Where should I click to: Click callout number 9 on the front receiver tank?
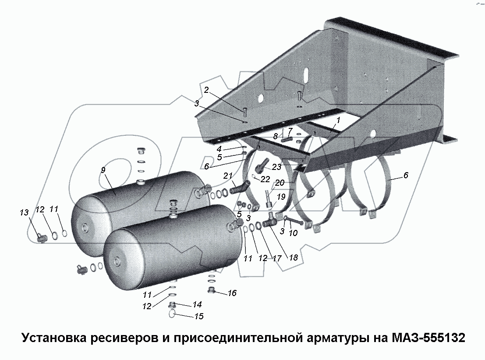coord(103,170)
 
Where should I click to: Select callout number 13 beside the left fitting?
coord(24,212)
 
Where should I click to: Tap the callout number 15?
coord(199,316)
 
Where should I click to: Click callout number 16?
coord(232,293)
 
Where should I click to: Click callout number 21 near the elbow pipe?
coord(227,176)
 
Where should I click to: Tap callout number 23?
coord(276,167)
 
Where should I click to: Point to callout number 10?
coord(293,233)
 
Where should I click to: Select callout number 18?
coord(293,258)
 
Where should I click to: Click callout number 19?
coord(280,197)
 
